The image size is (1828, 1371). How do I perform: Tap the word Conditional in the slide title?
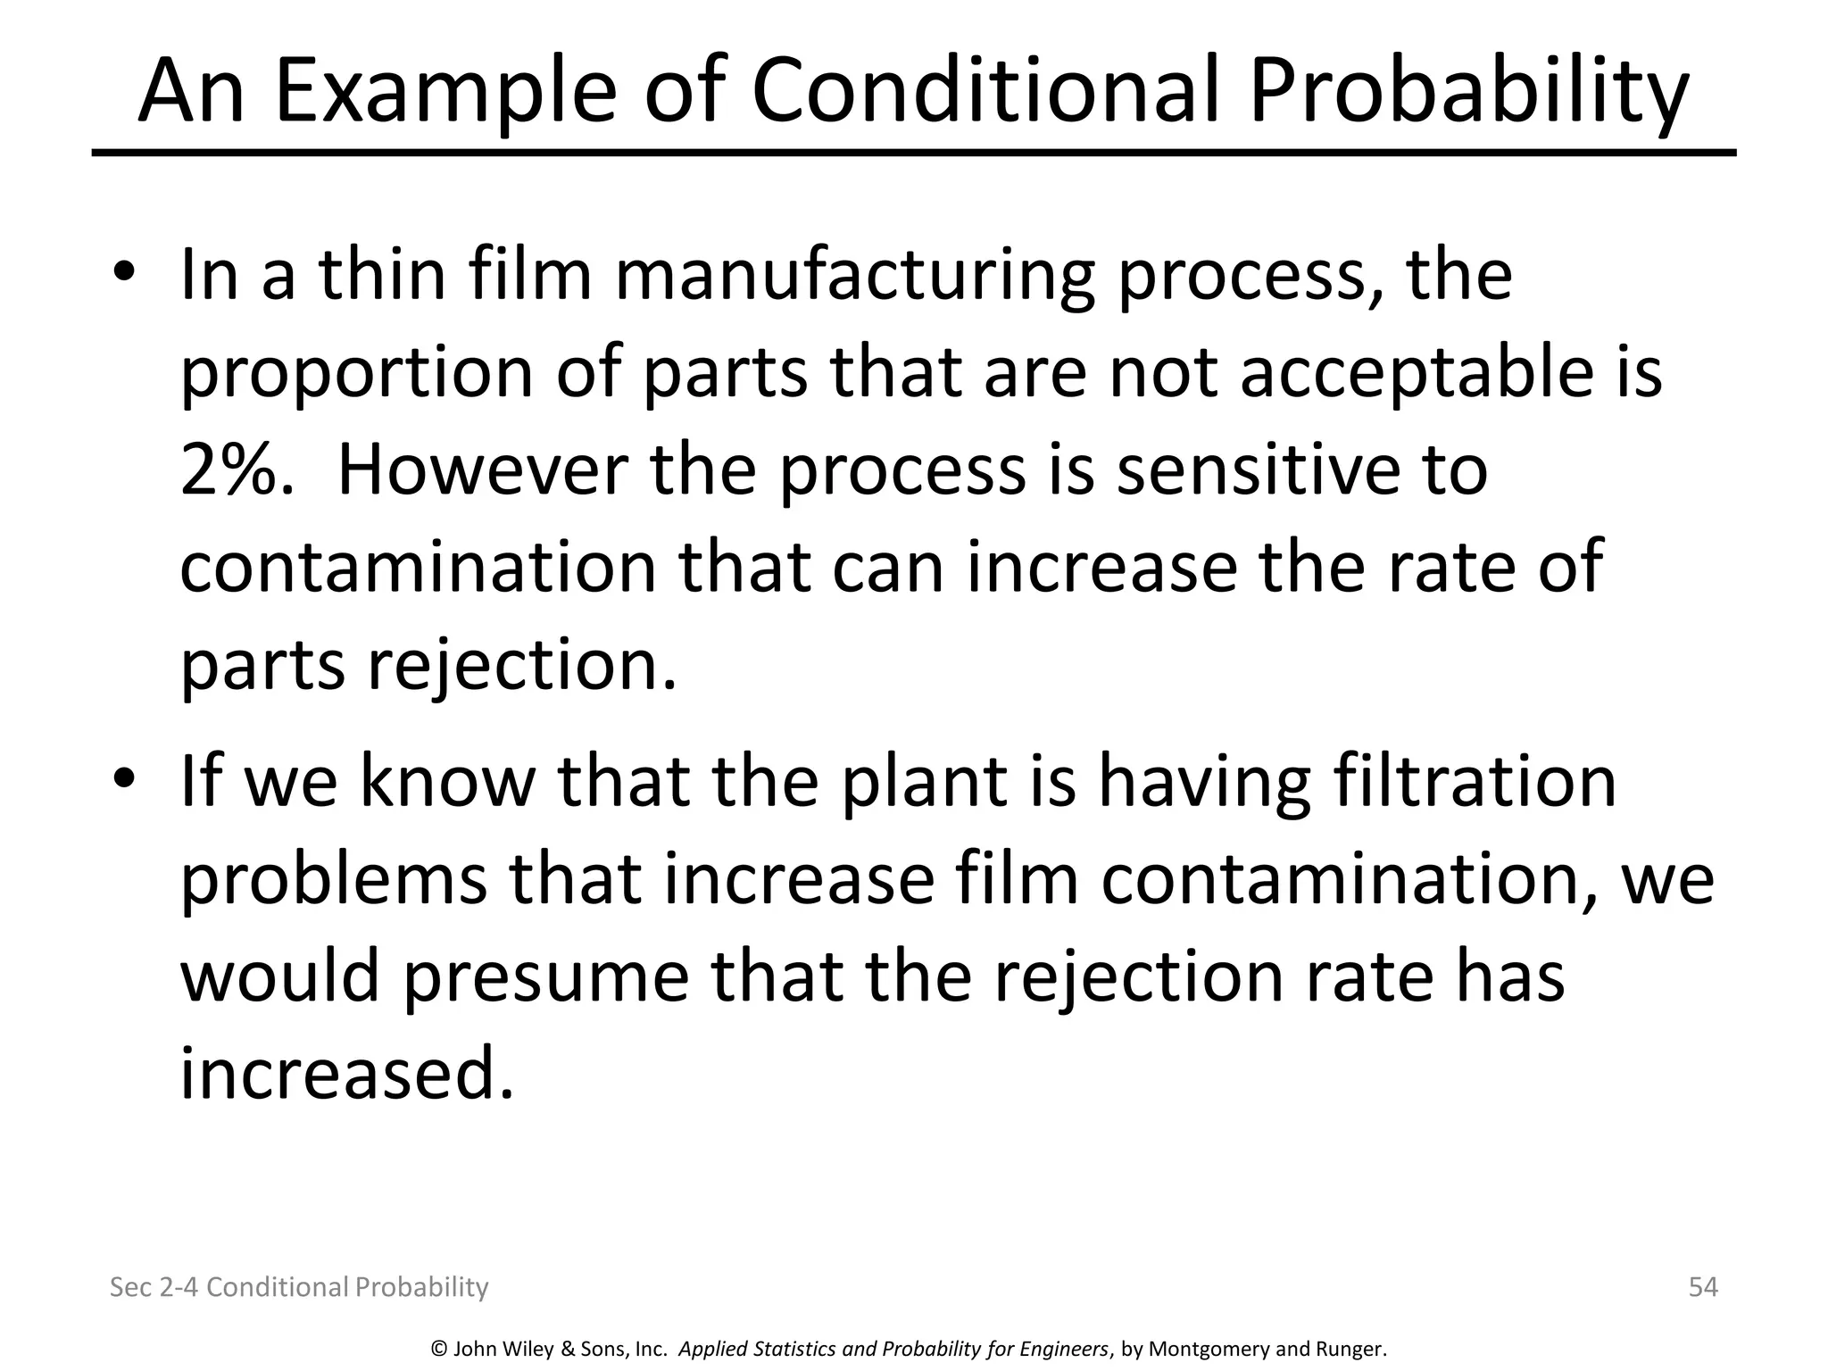[x=985, y=92]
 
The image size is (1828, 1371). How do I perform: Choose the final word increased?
[x=347, y=1074]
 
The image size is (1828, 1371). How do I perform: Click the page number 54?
[x=1703, y=1287]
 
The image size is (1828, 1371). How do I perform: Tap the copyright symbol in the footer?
[x=438, y=1349]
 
